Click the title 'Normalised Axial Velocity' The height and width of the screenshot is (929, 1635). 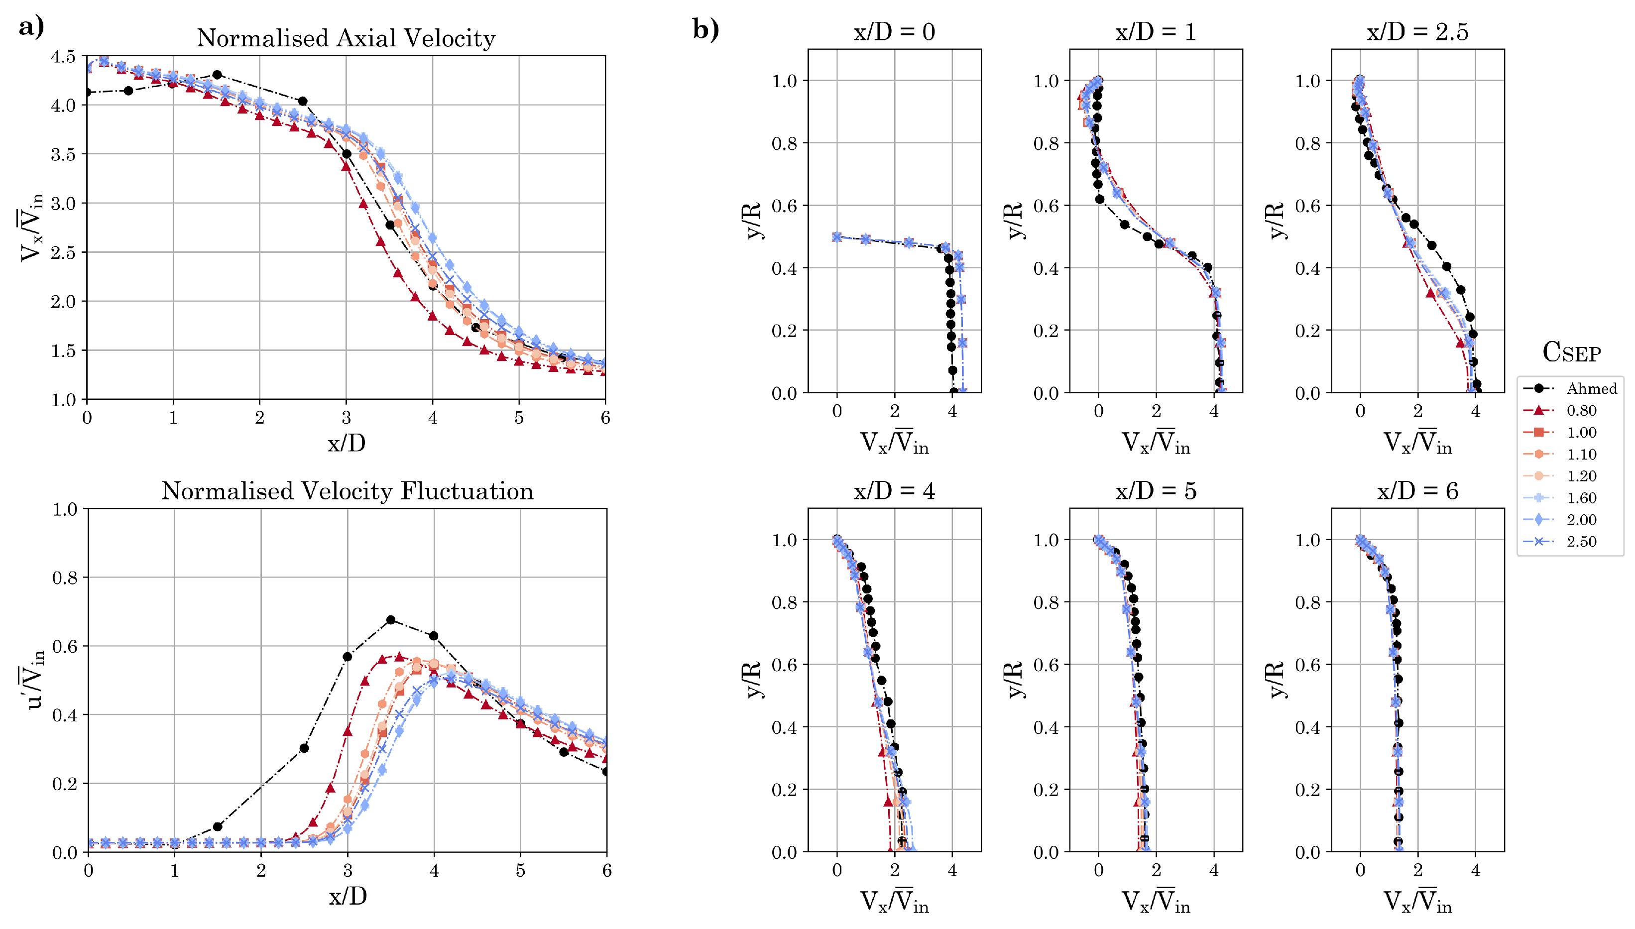pyautogui.click(x=346, y=38)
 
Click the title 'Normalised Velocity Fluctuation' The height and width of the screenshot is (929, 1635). pyautogui.click(x=347, y=491)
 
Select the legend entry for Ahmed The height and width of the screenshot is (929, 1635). pyautogui.click(x=1591, y=388)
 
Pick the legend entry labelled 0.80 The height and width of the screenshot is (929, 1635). pyautogui.click(x=1581, y=410)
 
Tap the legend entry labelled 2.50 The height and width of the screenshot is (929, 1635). pyautogui.click(x=1581, y=542)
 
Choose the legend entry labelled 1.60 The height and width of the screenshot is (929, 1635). pyautogui.click(x=1581, y=498)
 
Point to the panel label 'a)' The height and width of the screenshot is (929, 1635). pyautogui.click(x=31, y=27)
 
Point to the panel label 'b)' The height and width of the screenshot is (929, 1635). pyautogui.click(x=705, y=29)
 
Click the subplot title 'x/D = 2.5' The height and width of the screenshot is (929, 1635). pyautogui.click(x=1417, y=32)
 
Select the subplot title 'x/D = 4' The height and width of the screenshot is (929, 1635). pyautogui.click(x=894, y=491)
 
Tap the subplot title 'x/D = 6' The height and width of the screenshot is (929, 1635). pyautogui.click(x=1417, y=491)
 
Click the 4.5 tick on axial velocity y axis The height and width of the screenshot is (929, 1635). pyautogui.click(x=63, y=57)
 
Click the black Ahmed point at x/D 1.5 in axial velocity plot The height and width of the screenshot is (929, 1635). pyautogui.click(x=217, y=75)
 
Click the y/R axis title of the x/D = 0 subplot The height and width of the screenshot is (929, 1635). pyautogui.click(x=753, y=220)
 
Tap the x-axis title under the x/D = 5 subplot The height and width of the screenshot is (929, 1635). pyautogui.click(x=1155, y=902)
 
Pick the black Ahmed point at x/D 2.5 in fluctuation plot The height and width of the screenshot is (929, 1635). pyautogui.click(x=304, y=748)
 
